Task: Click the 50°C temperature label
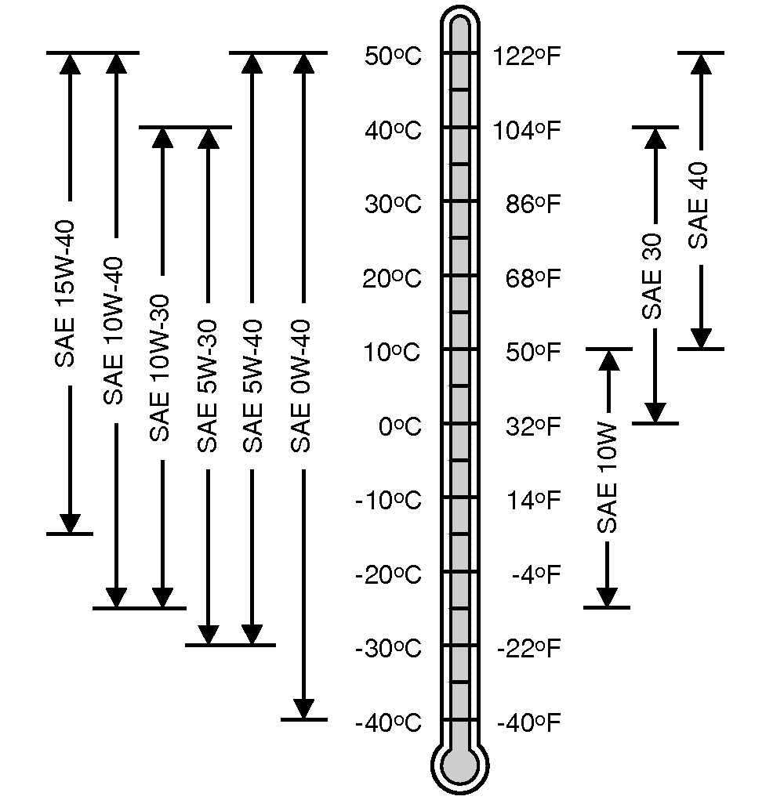[393, 56]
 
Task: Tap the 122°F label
[527, 56]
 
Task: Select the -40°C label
[388, 722]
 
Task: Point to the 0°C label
[400, 427]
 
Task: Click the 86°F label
[533, 205]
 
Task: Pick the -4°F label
[536, 576]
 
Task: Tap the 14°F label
[533, 501]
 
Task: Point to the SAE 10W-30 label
[160, 368]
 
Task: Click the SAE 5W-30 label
[207, 386]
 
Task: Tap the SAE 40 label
[699, 205]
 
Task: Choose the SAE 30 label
[653, 276]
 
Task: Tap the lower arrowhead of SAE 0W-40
[303, 708]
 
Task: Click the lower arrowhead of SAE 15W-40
[70, 523]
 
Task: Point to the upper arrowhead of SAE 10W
[608, 360]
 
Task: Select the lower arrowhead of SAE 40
[701, 338]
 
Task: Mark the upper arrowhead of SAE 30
[655, 139]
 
